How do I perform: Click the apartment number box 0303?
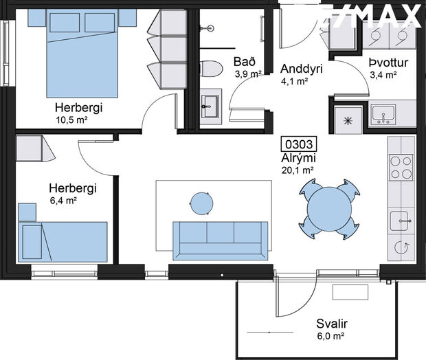tap(299, 144)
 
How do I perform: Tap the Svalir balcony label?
tap(332, 324)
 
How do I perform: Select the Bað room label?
tap(245, 62)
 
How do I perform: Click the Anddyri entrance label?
tap(302, 69)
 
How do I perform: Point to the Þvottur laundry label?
tap(388, 63)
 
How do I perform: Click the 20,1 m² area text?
tap(298, 170)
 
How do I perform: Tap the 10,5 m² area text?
tap(71, 120)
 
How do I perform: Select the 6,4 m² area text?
tap(63, 201)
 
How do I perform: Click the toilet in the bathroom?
tap(211, 69)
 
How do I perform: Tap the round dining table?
tap(329, 209)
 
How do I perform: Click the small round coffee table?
tap(201, 203)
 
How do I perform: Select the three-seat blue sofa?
tap(221, 241)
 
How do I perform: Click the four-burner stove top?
tap(401, 168)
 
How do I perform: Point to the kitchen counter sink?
tap(401, 221)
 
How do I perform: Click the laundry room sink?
tap(383, 114)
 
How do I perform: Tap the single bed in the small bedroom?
tap(63, 242)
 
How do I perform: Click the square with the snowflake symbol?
tap(348, 120)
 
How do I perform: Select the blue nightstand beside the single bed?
tap(27, 212)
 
